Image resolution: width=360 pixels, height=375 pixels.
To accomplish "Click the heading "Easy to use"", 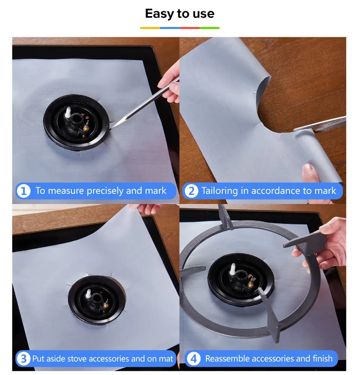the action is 180,13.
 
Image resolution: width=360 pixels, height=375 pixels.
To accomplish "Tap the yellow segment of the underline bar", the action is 150,28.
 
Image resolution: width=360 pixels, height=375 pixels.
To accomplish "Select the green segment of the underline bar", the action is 210,28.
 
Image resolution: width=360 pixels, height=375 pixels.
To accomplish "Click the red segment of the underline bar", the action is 190,28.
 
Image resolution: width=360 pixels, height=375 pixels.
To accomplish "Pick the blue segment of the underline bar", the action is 170,28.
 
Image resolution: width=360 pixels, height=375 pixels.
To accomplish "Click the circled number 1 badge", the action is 24,191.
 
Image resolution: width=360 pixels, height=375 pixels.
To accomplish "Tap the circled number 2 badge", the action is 191,191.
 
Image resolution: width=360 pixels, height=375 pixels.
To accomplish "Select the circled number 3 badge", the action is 24,359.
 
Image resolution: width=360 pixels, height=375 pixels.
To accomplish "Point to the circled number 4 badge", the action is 193,359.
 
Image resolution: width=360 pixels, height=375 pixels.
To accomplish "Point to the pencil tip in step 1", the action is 111,128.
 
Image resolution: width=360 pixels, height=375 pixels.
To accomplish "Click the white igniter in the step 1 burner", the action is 68,112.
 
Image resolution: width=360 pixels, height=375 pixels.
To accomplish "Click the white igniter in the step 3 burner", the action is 88,293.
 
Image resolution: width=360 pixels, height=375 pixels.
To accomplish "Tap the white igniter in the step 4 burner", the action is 232,269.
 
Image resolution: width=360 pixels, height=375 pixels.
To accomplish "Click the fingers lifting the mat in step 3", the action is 146,208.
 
